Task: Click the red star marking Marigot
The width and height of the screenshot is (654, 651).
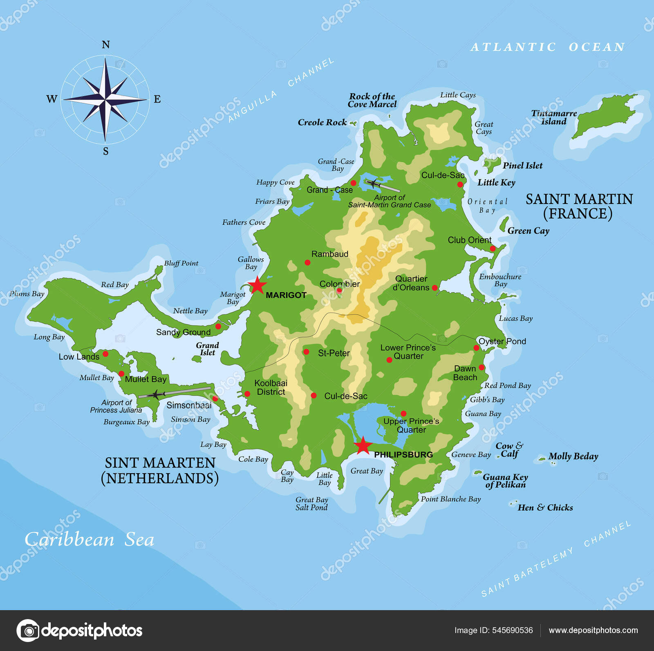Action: click(257, 285)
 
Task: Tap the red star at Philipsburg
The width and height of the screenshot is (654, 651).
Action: click(363, 446)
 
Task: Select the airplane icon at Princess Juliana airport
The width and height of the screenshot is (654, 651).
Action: click(155, 394)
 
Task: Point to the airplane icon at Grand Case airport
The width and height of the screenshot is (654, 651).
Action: click(374, 183)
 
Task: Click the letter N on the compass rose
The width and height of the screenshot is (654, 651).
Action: click(105, 45)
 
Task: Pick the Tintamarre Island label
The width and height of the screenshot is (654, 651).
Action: click(554, 117)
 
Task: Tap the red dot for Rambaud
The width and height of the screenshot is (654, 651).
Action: click(307, 262)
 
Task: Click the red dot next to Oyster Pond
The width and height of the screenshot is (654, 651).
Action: click(476, 348)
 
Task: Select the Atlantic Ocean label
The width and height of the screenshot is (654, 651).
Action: click(548, 47)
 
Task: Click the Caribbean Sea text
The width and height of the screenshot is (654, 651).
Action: click(89, 539)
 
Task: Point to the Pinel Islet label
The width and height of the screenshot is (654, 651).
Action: click(522, 166)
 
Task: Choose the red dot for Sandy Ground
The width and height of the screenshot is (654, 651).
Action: click(218, 326)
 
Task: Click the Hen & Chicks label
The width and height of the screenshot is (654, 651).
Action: click(545, 508)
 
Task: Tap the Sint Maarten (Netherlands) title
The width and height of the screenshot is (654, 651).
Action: click(160, 470)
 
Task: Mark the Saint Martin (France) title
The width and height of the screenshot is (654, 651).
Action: click(579, 206)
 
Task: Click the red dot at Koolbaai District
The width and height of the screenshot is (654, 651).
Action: click(247, 394)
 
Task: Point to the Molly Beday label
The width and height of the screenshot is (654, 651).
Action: click(573, 456)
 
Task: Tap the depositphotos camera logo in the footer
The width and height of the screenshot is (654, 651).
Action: click(28, 631)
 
